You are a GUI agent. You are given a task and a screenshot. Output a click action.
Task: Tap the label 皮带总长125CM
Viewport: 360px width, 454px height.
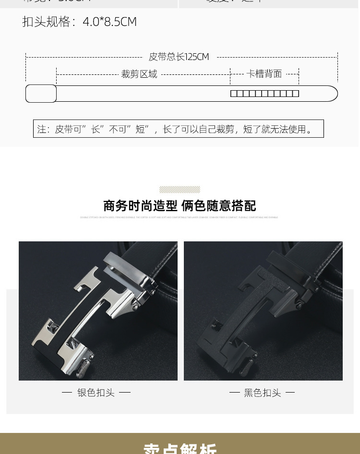[179, 57]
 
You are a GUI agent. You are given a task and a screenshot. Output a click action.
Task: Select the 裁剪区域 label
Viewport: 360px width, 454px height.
[139, 74]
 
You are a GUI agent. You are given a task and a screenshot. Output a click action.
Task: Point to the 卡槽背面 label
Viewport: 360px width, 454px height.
[264, 73]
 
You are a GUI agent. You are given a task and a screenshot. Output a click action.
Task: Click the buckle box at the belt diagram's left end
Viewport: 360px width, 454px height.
[41, 94]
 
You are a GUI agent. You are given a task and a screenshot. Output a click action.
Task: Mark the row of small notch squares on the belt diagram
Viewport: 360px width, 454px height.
[264, 94]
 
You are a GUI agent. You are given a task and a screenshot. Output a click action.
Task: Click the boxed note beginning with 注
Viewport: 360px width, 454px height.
[178, 129]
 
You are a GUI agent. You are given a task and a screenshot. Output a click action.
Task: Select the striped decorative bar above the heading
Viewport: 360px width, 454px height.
[180, 190]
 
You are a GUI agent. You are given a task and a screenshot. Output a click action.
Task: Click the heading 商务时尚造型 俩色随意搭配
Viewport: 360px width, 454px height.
[180, 206]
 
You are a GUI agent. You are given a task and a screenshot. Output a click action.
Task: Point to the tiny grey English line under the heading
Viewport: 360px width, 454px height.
[180, 217]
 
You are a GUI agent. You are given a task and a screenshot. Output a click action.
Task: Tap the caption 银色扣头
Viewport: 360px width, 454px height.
[96, 393]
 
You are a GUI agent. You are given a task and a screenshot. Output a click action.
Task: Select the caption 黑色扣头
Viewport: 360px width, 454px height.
[262, 393]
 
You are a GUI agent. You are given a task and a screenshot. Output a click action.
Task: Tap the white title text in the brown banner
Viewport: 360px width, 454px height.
[180, 448]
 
